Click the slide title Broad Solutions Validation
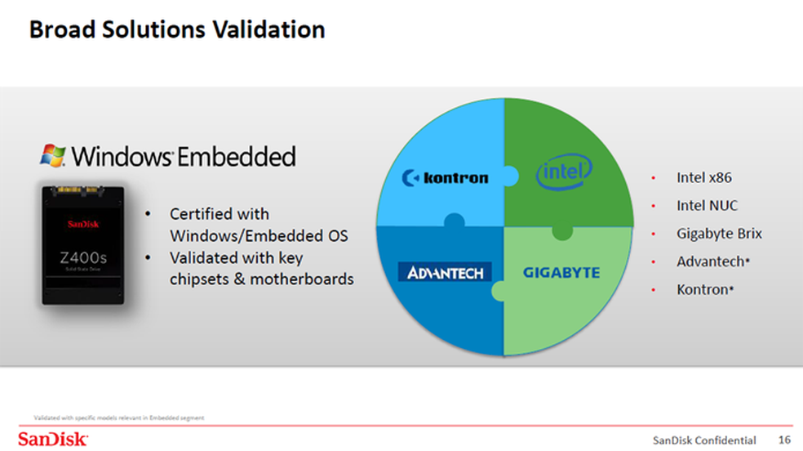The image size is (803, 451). [x=177, y=29]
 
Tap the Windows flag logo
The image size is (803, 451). [x=53, y=155]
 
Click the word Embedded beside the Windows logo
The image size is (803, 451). [x=237, y=156]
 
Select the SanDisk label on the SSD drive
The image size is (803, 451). [x=83, y=224]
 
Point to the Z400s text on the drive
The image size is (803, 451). [x=83, y=257]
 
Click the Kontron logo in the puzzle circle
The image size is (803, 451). [x=445, y=178]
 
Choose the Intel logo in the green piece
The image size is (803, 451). [x=564, y=172]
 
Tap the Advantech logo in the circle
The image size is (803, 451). [x=445, y=272]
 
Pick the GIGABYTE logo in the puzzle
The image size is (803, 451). [x=561, y=273]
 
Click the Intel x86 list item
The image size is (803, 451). [x=704, y=178]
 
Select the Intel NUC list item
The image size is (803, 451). [x=708, y=206]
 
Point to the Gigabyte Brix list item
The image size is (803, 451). [x=719, y=234]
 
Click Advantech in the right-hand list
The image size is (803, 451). [x=710, y=261]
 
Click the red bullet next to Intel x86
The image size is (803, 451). [x=654, y=178]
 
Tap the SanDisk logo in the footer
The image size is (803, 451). [x=53, y=440]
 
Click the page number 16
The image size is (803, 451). [x=784, y=440]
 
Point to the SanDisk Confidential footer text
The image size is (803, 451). [x=704, y=440]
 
